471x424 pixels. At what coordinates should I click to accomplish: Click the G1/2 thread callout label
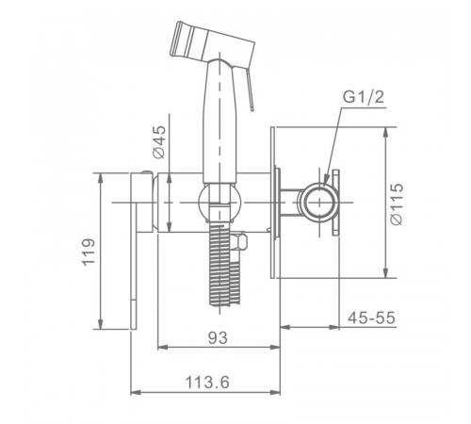[x=364, y=97]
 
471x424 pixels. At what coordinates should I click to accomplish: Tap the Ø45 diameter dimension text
[x=159, y=142]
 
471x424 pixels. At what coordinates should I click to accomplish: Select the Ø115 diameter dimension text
[x=397, y=204]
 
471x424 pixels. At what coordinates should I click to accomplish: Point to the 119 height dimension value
[x=89, y=253]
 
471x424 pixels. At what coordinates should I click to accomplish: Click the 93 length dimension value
[x=218, y=338]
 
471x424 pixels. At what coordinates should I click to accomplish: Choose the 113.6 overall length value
[x=207, y=383]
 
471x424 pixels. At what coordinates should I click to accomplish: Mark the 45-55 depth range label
[x=371, y=318]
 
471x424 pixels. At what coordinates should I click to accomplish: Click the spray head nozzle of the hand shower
[x=212, y=42]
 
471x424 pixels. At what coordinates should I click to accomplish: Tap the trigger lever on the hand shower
[x=250, y=90]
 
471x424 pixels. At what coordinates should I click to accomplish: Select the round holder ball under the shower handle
[x=219, y=202]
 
